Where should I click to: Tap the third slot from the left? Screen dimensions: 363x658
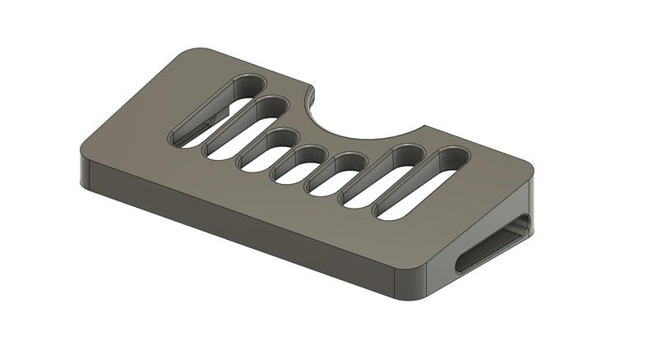(267, 149)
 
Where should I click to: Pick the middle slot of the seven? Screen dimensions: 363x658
(299, 164)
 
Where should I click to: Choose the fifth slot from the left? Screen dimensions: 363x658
(334, 174)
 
